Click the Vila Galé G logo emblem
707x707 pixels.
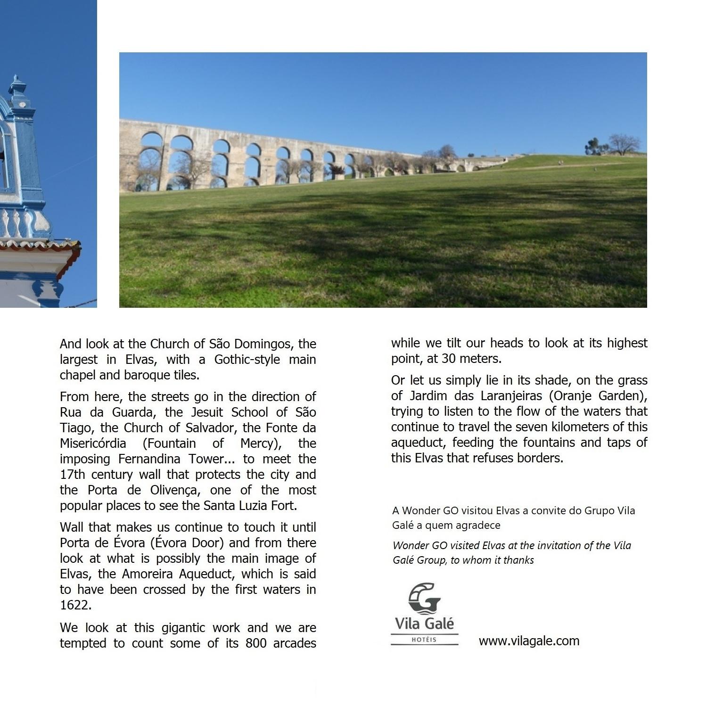click(x=425, y=598)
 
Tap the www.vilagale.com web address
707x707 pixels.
click(x=529, y=641)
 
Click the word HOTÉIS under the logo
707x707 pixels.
click(x=424, y=640)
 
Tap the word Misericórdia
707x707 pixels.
click(x=93, y=444)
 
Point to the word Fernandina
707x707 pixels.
click(x=149, y=459)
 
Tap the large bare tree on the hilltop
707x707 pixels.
click(x=624, y=144)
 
